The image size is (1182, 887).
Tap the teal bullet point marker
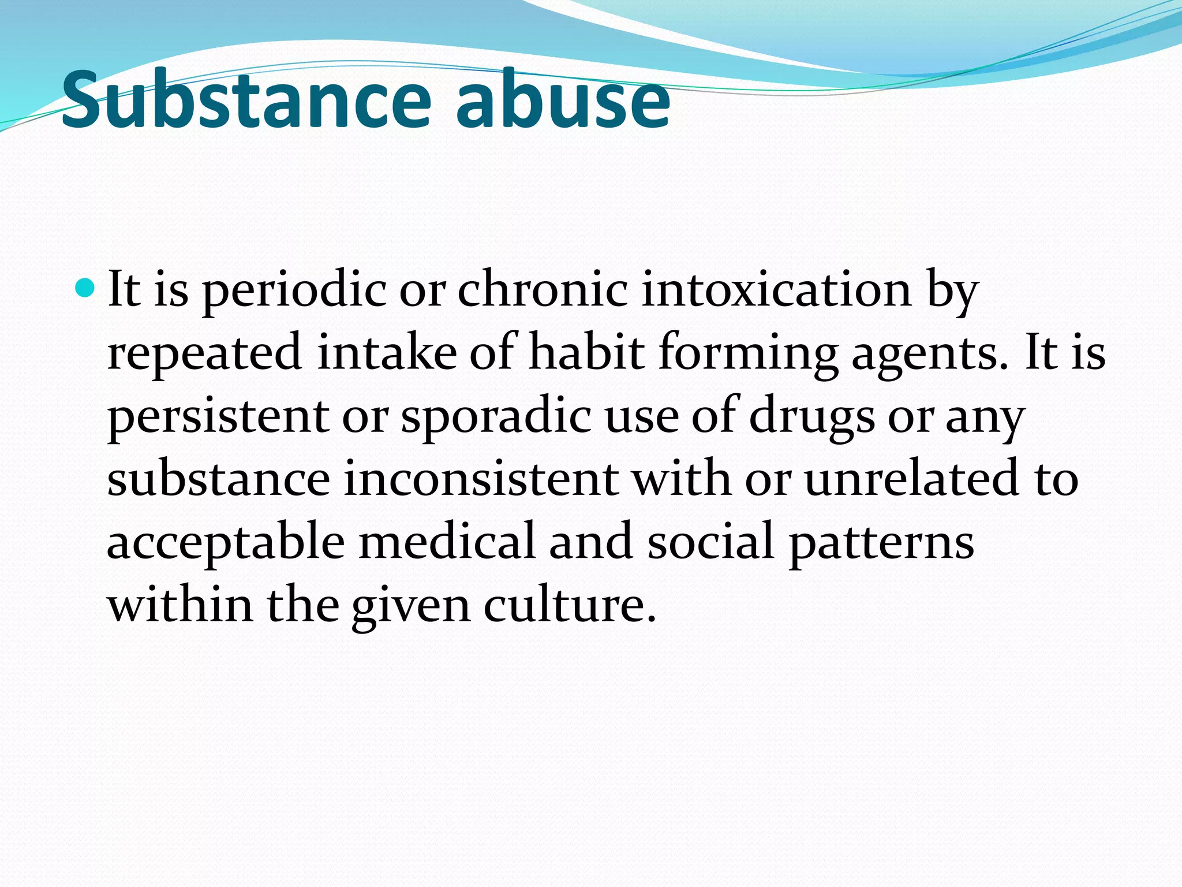(x=85, y=287)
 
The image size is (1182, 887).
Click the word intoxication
(x=776, y=289)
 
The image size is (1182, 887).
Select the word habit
(x=586, y=352)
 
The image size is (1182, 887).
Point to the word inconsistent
(x=481, y=479)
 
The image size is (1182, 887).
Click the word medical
(x=447, y=541)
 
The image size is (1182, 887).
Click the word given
(x=410, y=606)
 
